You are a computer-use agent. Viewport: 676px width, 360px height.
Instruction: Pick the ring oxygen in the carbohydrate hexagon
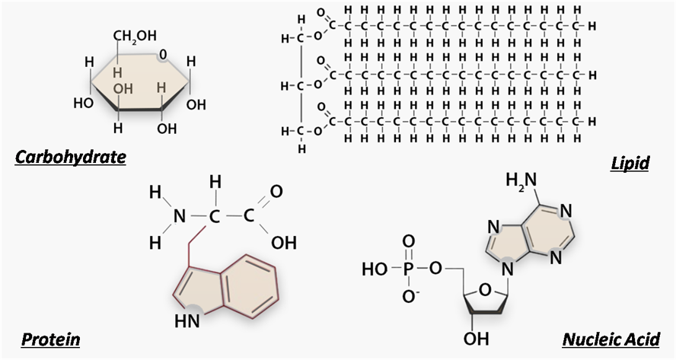(161, 55)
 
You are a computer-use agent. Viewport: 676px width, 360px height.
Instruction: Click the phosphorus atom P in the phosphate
(409, 269)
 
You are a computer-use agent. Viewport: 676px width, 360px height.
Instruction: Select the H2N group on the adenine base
(521, 180)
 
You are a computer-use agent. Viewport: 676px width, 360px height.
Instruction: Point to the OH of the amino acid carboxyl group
(283, 243)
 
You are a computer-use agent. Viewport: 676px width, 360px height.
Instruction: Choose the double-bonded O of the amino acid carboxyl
(276, 190)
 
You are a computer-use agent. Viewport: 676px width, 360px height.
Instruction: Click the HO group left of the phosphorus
(374, 269)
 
